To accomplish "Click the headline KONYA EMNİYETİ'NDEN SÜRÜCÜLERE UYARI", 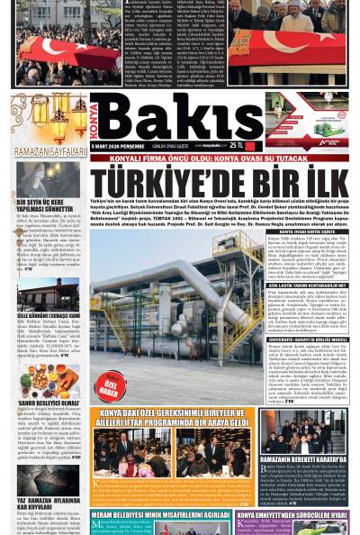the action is coord(297,515).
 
